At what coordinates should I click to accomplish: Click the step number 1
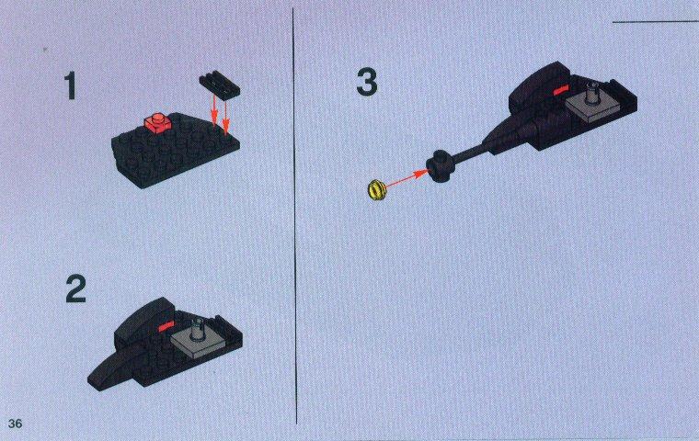pos(70,86)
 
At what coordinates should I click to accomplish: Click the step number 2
pos(75,288)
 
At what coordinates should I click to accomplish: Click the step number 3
pos(367,82)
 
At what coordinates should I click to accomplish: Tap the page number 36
pos(15,424)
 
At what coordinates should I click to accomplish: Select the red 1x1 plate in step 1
pos(157,122)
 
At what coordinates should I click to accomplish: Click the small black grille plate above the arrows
pos(219,84)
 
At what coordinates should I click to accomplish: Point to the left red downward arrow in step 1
pos(214,111)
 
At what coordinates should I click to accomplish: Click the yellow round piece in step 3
pos(377,190)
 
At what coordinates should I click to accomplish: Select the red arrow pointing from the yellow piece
pos(405,177)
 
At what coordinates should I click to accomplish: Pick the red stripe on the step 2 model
pos(165,326)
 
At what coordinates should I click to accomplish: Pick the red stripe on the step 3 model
pos(559,90)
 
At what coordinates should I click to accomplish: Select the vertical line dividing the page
pos(294,216)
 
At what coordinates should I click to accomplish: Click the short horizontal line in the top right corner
pos(655,21)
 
